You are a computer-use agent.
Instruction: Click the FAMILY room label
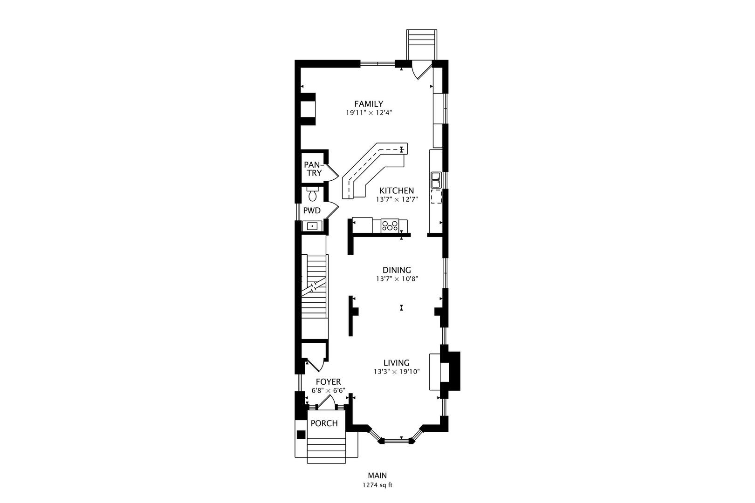369,104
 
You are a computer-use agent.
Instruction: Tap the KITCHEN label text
397,190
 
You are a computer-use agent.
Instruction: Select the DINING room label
397,270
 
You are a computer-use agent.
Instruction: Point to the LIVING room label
396,363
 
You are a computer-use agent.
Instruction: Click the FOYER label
328,382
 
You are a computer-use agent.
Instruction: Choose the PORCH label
324,423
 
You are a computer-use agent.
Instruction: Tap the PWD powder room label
312,211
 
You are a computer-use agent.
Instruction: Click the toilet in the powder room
312,194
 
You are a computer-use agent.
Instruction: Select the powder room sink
312,226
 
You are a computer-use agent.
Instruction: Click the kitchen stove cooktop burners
390,225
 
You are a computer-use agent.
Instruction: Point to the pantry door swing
332,173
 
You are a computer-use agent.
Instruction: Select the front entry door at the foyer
327,402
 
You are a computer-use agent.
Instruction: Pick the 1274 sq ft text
377,485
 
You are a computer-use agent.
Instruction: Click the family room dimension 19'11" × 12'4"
369,113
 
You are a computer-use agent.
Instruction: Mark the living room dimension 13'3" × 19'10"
397,372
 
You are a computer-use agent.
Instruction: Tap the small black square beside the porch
301,435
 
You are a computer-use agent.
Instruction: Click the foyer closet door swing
315,366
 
